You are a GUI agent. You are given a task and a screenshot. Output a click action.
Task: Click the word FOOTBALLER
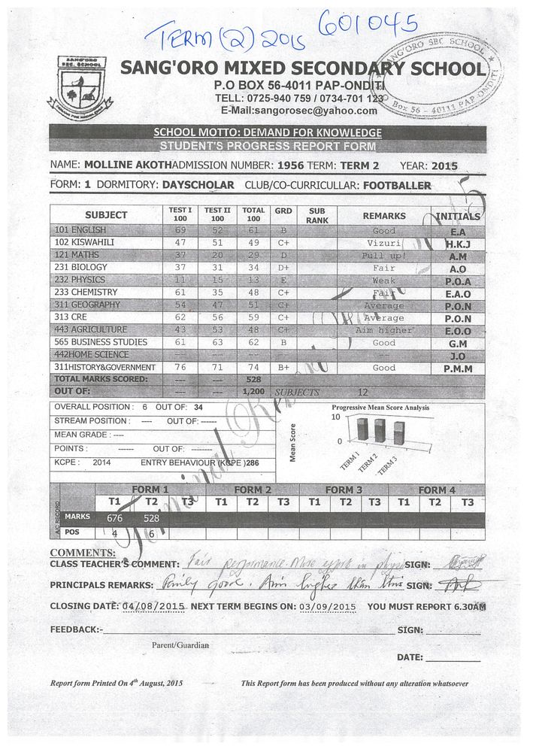click(x=397, y=185)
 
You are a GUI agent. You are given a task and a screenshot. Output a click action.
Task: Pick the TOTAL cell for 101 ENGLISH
click(x=253, y=230)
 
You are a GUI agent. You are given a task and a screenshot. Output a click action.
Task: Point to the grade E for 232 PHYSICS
click(x=283, y=280)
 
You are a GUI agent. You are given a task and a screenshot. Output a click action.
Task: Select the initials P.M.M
click(x=459, y=368)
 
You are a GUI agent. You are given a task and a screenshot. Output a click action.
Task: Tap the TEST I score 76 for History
click(x=180, y=368)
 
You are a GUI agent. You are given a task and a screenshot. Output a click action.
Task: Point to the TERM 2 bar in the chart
click(x=380, y=431)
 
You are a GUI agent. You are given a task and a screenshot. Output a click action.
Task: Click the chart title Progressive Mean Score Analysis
click(x=380, y=408)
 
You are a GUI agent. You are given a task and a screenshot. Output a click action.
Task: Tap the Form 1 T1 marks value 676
click(x=115, y=518)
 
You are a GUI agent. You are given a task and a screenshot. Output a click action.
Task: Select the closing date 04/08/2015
click(x=153, y=606)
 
